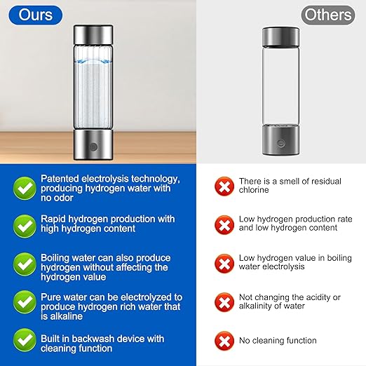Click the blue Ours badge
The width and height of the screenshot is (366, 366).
(x=35, y=14)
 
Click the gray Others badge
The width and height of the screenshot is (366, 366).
(x=327, y=14)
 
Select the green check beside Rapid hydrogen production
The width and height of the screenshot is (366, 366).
(x=24, y=224)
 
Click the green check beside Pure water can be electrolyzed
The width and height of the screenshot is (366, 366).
(x=24, y=302)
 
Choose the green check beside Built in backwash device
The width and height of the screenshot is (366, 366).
(x=24, y=341)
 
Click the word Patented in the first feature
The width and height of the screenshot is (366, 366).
(x=59, y=179)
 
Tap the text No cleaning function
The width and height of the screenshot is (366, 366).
(x=278, y=341)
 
